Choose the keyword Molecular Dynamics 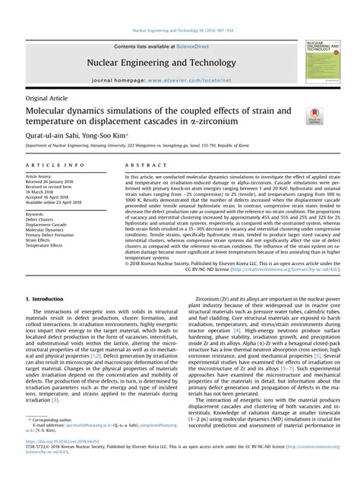click(46, 231)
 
